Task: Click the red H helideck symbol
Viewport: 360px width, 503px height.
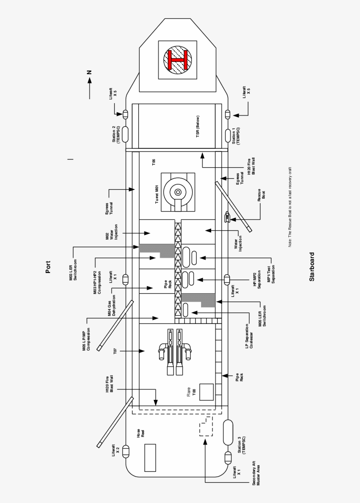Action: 178,60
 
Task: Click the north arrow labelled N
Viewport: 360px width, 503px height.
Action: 89,79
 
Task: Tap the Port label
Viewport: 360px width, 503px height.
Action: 48,267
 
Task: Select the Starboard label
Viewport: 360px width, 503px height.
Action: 312,266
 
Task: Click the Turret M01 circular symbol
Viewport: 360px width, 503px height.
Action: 178,192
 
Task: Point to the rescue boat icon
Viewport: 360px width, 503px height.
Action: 227,216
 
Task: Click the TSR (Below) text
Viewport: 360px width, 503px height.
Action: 198,127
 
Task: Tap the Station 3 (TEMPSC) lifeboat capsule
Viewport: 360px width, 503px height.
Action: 228,432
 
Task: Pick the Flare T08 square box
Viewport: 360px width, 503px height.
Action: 206,392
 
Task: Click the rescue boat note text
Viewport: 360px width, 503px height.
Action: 290,207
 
